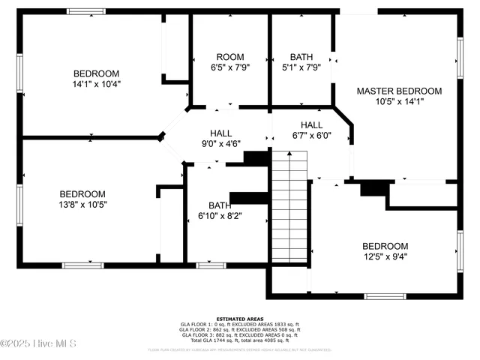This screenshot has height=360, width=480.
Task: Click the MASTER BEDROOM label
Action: (x=399, y=91)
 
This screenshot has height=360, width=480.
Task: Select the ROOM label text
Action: (x=230, y=57)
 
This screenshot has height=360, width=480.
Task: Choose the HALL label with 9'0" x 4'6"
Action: (x=220, y=132)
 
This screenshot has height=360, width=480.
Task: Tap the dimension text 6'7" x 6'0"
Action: (x=311, y=136)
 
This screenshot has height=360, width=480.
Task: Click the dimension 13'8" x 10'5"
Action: (x=83, y=204)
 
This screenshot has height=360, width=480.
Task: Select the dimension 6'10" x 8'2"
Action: (x=220, y=216)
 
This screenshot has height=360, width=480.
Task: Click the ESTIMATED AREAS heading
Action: (x=239, y=319)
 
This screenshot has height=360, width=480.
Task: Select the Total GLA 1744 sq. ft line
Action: (x=239, y=341)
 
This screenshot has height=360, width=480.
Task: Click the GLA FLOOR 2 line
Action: (x=239, y=330)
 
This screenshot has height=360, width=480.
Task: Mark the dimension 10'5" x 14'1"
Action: (x=399, y=102)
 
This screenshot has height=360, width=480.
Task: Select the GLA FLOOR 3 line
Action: (x=239, y=335)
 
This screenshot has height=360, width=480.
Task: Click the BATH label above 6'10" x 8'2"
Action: (x=220, y=205)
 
